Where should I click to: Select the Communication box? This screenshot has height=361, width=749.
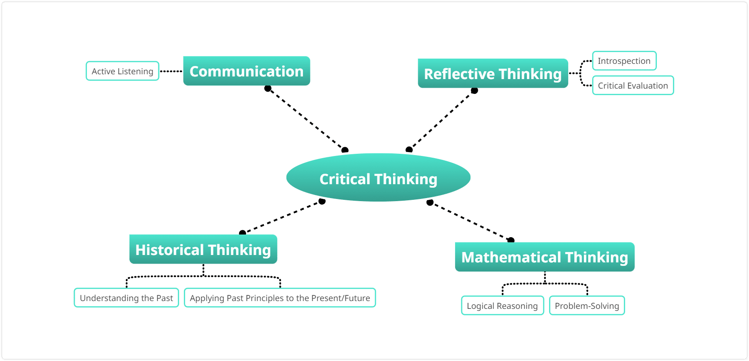[246, 71]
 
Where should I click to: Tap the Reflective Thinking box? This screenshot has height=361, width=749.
[493, 73]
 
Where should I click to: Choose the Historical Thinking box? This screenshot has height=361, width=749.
[203, 249]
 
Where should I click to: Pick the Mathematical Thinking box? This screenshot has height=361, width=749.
[544, 257]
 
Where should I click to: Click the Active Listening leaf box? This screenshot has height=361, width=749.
[123, 71]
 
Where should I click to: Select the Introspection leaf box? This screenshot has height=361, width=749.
[624, 61]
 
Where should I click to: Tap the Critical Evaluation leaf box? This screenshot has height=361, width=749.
[632, 86]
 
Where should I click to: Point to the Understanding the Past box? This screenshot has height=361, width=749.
[126, 298]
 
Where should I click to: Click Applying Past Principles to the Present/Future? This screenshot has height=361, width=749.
[280, 298]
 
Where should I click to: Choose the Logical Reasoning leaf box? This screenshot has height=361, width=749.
[502, 306]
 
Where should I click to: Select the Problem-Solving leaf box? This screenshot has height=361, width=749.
[586, 306]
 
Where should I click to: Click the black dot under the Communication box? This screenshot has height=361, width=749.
[268, 89]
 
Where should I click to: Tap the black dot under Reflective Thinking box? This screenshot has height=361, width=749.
[474, 90]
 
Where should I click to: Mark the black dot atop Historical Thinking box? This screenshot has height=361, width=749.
[243, 233]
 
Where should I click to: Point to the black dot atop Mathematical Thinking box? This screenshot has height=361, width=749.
[511, 240]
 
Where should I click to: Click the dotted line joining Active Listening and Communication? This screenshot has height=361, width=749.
[171, 71]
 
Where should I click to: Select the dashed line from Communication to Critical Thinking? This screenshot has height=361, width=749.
[306, 119]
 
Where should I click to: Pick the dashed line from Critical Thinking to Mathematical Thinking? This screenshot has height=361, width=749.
[470, 221]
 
